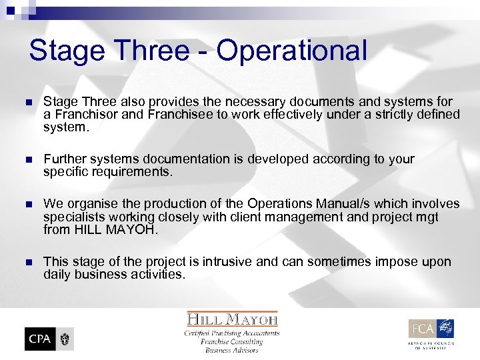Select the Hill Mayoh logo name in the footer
[232, 319]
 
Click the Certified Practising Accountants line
[232, 333]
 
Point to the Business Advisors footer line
[232, 350]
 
